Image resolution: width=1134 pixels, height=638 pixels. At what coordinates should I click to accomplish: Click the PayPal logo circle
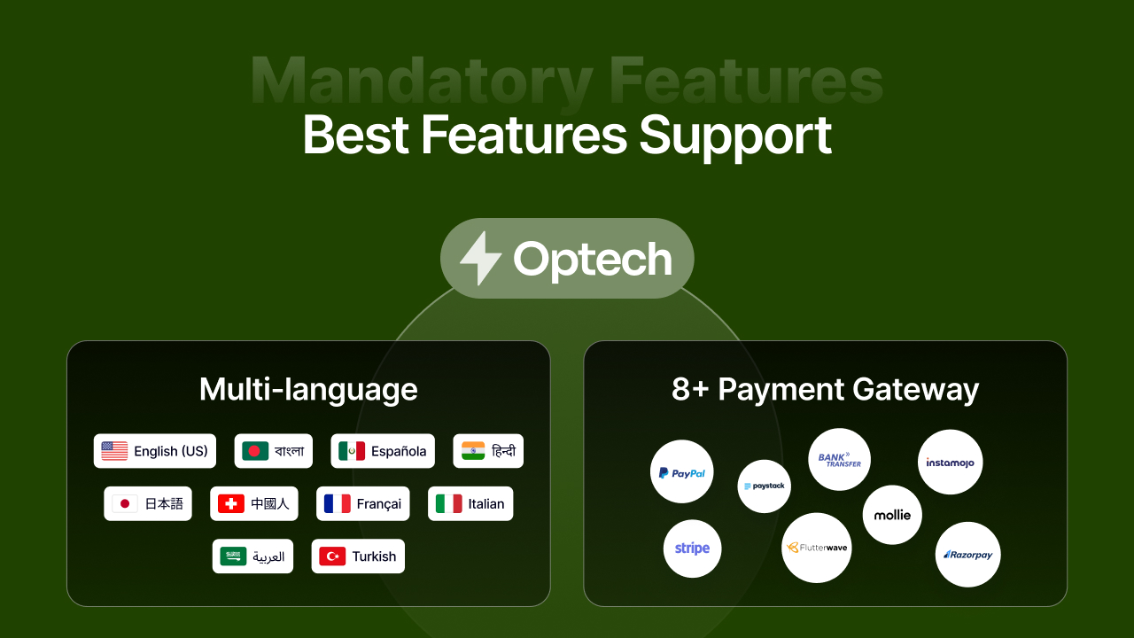(x=681, y=472)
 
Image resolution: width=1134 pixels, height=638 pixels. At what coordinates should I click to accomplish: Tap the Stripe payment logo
(x=692, y=549)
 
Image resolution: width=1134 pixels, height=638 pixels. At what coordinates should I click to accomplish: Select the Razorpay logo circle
(x=967, y=555)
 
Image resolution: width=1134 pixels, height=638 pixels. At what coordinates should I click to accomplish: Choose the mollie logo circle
(x=892, y=515)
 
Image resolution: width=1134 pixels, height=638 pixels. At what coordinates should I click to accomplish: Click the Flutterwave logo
(x=817, y=548)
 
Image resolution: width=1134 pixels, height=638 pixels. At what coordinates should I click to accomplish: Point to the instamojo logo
(x=950, y=462)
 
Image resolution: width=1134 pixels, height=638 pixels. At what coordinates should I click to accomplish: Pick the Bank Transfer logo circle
(x=839, y=459)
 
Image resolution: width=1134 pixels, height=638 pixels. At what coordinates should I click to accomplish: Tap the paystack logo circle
(x=764, y=486)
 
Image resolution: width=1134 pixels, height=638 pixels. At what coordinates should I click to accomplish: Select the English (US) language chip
(x=155, y=451)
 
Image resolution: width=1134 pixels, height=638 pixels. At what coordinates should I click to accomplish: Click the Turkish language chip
(x=358, y=556)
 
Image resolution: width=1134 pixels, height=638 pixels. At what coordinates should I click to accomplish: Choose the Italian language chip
(x=470, y=503)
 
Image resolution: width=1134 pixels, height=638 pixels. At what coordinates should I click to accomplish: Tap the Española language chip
(x=383, y=451)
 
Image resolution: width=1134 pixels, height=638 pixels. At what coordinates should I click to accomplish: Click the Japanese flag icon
(x=125, y=503)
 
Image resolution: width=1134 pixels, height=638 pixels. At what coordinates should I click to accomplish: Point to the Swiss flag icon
(x=231, y=503)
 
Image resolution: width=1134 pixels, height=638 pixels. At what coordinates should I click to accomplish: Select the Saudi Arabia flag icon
(x=234, y=556)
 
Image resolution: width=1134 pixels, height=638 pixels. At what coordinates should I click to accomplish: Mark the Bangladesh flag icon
(x=255, y=451)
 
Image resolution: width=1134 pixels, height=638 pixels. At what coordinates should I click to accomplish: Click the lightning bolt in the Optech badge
(x=480, y=258)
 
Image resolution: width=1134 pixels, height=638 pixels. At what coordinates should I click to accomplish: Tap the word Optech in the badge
(x=592, y=259)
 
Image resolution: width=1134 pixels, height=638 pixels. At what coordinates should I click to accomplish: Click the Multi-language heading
(x=308, y=390)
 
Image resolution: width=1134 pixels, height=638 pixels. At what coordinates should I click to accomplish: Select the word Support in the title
(x=735, y=136)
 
